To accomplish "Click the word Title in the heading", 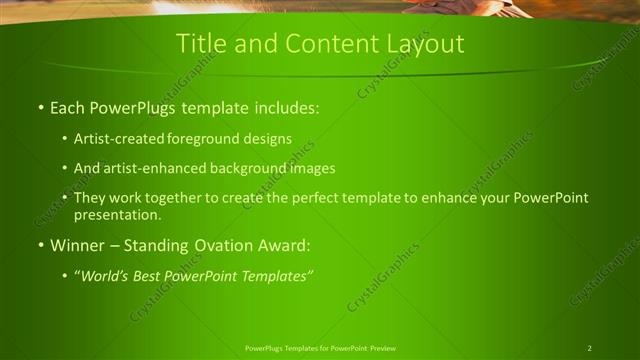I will click(x=197, y=44).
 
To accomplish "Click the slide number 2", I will click(x=589, y=348).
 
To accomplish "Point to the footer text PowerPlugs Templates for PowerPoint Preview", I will click(x=319, y=348).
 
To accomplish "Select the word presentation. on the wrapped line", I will click(x=117, y=214).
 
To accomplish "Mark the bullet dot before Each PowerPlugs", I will click(x=40, y=107).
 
